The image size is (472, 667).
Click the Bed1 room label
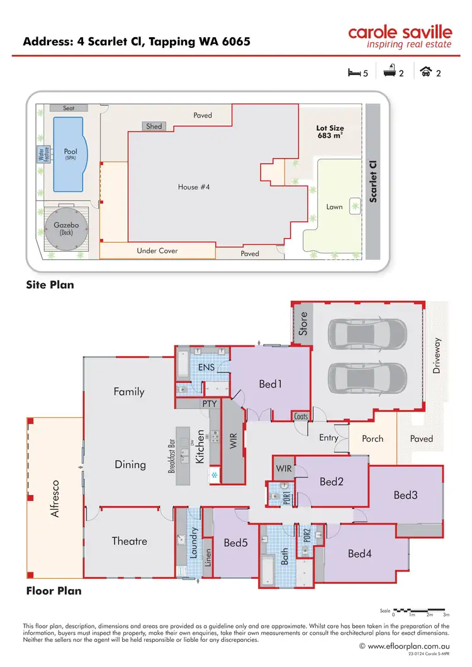pos(269,383)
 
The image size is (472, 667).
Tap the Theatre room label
pos(130,541)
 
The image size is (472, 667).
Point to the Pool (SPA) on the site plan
pos(70,154)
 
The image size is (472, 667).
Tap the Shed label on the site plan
pos(154,126)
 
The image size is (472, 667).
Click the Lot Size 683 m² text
pos(329,132)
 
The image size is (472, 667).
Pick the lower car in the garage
pos(367,379)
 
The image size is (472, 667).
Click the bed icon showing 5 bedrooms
pos(354,73)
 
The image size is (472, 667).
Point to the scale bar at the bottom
pos(421,610)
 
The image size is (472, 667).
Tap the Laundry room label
pos(194,542)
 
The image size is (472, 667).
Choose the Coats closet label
pos(301,416)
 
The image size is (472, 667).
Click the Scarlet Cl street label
pos(373,181)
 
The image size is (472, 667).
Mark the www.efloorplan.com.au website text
pos(408,646)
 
